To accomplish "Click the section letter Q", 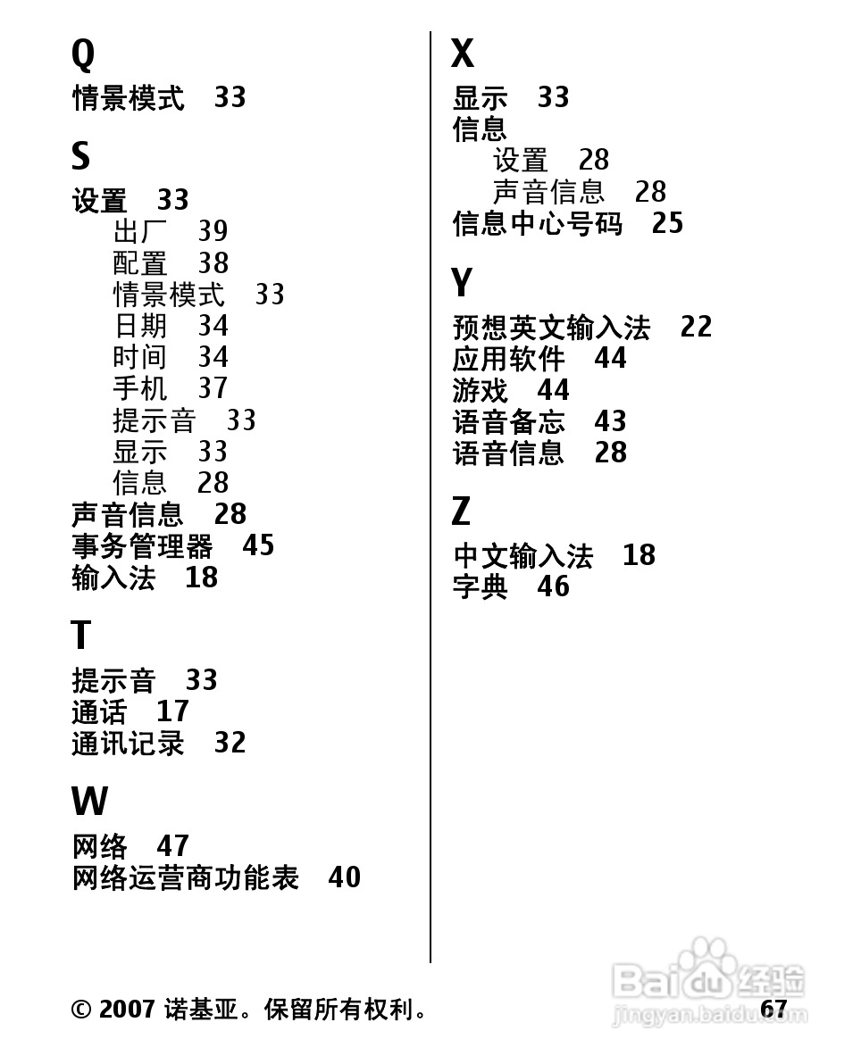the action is pos(82,55).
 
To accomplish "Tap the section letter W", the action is pos(89,802).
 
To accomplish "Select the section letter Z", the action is pos(461,512).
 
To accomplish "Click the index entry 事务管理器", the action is pos(142,546).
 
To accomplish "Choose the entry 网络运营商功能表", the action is pos(185,878).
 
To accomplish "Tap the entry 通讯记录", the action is pos(128,744).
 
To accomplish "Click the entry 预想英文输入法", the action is pos(551,328).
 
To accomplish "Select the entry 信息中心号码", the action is pos(537,223).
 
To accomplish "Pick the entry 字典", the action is pos(480,587).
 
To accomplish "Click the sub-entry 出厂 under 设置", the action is pos(140,232).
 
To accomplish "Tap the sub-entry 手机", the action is pos(140,389).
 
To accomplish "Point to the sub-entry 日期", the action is pos(140,326).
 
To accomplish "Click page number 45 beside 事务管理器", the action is pos(258,545).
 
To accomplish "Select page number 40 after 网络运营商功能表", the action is pos(344,877).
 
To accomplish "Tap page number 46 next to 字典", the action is pos(553,586).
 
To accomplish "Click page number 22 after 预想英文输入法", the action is pos(696,327).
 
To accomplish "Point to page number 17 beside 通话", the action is pos(172,711).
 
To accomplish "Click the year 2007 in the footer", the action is pos(128,1010).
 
